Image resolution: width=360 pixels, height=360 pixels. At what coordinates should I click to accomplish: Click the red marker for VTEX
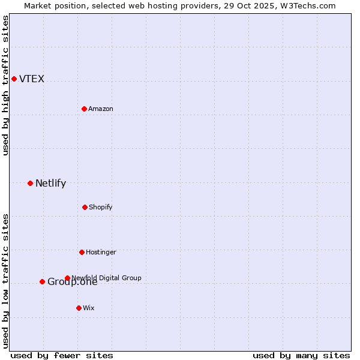coord(14,79)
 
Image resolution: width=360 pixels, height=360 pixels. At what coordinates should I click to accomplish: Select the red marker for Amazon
coord(84,109)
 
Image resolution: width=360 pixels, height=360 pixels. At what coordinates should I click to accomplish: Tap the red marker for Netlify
coord(30,183)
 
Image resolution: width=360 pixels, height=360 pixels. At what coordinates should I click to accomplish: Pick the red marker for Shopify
coord(85,207)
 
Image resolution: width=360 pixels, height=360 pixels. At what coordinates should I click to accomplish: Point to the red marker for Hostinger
coord(82,252)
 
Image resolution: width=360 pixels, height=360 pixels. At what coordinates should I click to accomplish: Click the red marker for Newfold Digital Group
coord(67,278)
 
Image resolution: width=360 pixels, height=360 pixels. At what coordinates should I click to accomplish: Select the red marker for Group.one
coord(42,281)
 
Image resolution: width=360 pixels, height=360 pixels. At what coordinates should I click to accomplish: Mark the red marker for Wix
coord(79,308)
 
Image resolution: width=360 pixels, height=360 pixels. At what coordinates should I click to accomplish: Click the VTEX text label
coord(32,79)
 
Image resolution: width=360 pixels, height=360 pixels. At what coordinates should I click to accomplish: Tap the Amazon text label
coord(101,109)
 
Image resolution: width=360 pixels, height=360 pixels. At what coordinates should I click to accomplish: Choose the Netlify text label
coord(50,184)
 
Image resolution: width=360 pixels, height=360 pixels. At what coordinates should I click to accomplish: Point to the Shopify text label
coord(101,207)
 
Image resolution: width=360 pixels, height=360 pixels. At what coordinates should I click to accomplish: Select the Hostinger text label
coord(101,252)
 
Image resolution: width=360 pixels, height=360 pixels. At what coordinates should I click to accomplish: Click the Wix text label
coord(89,308)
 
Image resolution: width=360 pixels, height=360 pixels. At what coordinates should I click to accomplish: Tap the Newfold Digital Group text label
coord(107,278)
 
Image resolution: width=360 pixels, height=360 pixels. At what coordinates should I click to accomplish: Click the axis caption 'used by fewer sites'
coord(62,355)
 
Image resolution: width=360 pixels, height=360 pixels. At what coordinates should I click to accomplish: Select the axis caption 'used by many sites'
coord(301,355)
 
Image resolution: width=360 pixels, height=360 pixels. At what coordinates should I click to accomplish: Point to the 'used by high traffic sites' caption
coord(6,85)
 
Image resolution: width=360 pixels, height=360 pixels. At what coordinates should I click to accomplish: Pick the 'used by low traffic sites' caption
coord(6,281)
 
